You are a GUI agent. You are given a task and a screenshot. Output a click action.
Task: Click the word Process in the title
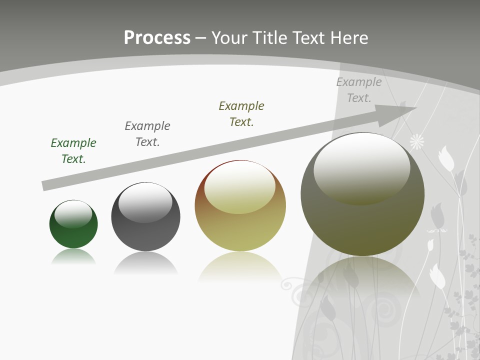[157, 37]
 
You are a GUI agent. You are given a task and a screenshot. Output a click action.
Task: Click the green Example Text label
[73, 150]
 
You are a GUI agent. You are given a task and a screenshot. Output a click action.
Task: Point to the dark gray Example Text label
[147, 133]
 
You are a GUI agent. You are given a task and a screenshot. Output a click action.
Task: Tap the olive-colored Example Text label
[241, 113]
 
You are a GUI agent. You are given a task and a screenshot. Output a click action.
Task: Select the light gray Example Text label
[358, 89]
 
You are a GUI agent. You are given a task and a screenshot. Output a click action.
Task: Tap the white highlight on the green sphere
[73, 213]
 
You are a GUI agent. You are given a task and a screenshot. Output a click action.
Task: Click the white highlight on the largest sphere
[361, 167]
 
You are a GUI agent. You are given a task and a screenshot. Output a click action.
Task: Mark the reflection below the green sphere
[73, 257]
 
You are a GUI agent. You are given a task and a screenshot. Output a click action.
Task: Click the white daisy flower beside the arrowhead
[417, 142]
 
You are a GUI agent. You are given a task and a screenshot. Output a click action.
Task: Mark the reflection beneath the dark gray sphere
[145, 262]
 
